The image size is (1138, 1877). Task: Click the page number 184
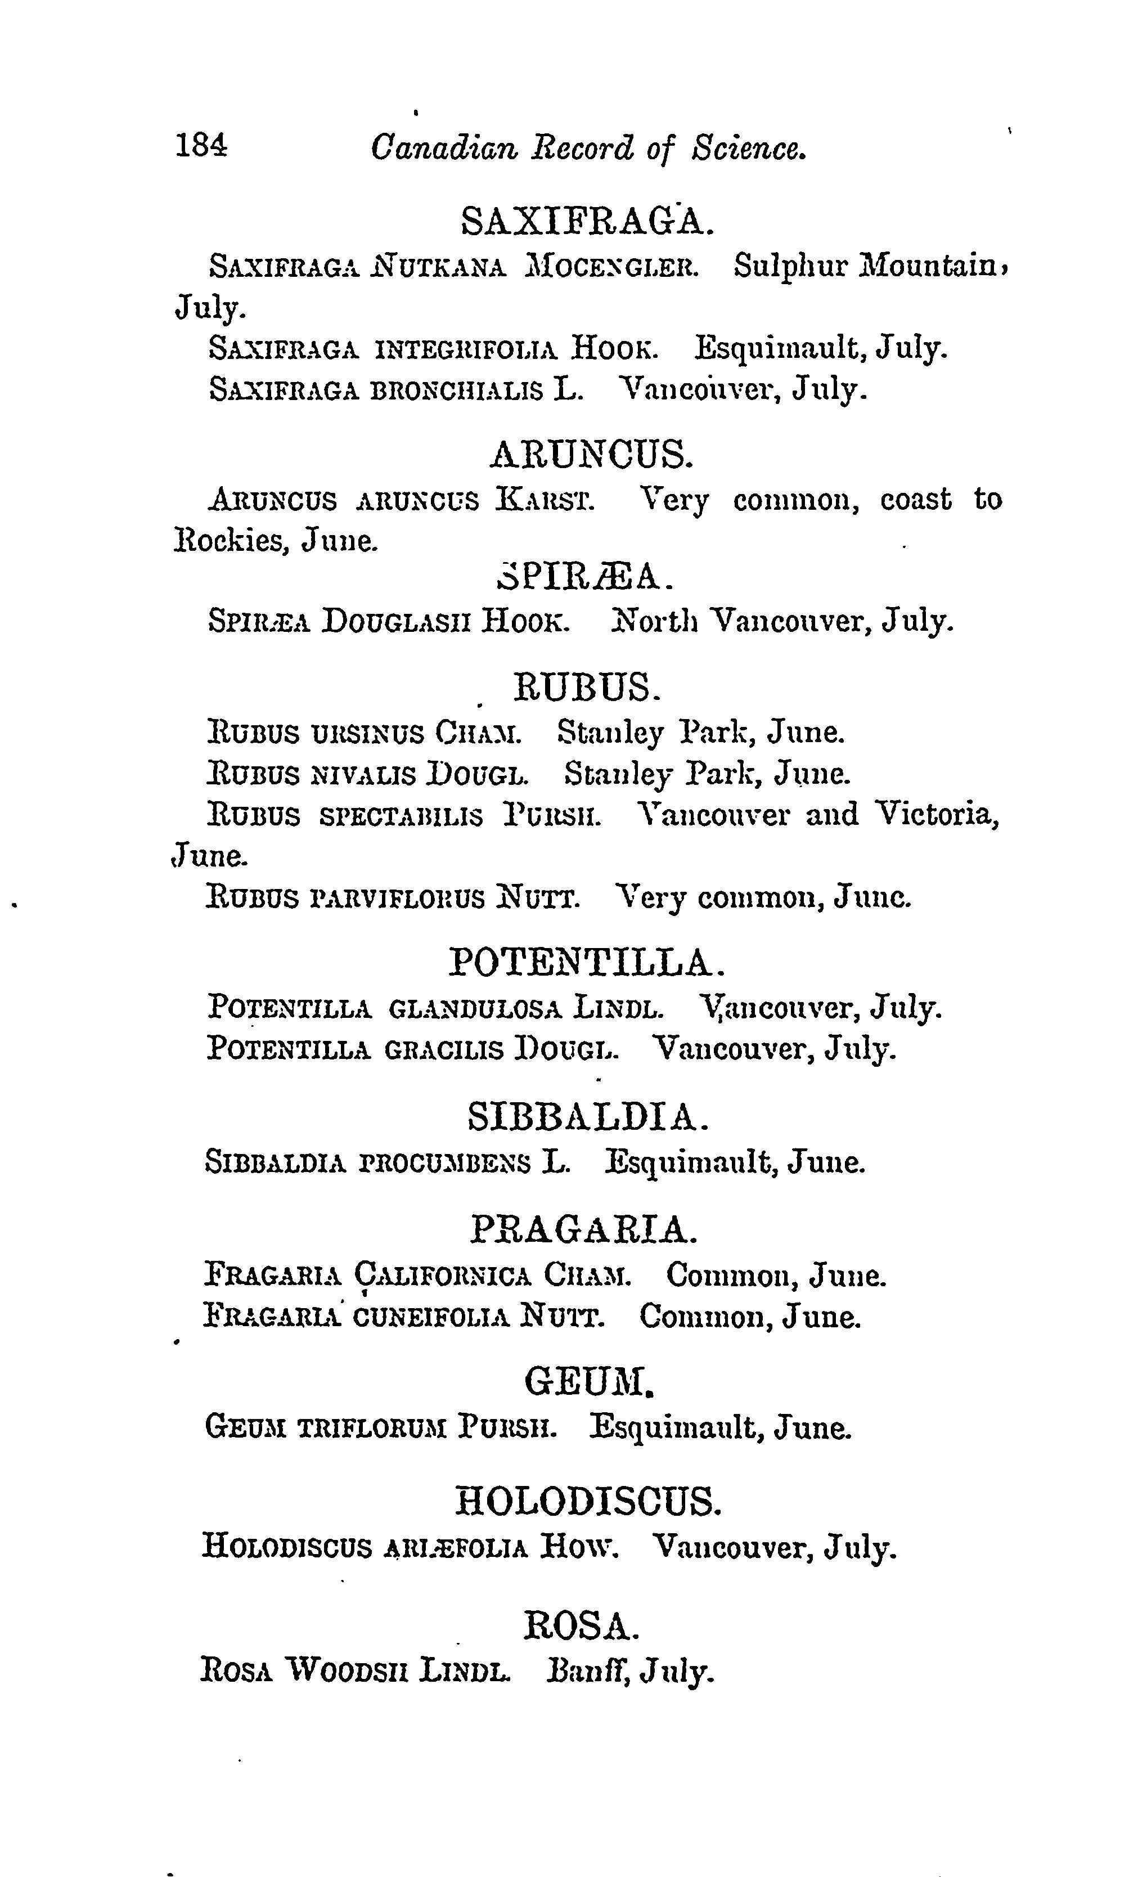pyautogui.click(x=200, y=144)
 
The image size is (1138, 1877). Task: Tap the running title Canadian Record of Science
pyautogui.click(x=588, y=147)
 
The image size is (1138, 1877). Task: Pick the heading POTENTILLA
pyautogui.click(x=587, y=962)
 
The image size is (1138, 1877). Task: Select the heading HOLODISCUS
pyautogui.click(x=587, y=1502)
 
